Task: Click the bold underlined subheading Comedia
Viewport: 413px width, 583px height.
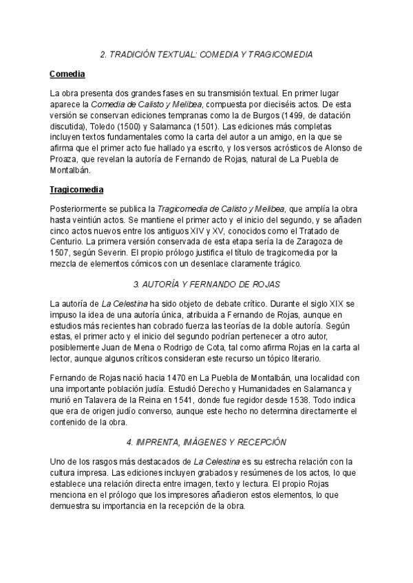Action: [67, 74]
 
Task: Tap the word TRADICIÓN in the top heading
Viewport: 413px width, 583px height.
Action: [137, 54]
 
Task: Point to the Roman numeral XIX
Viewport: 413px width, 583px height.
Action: [330, 303]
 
